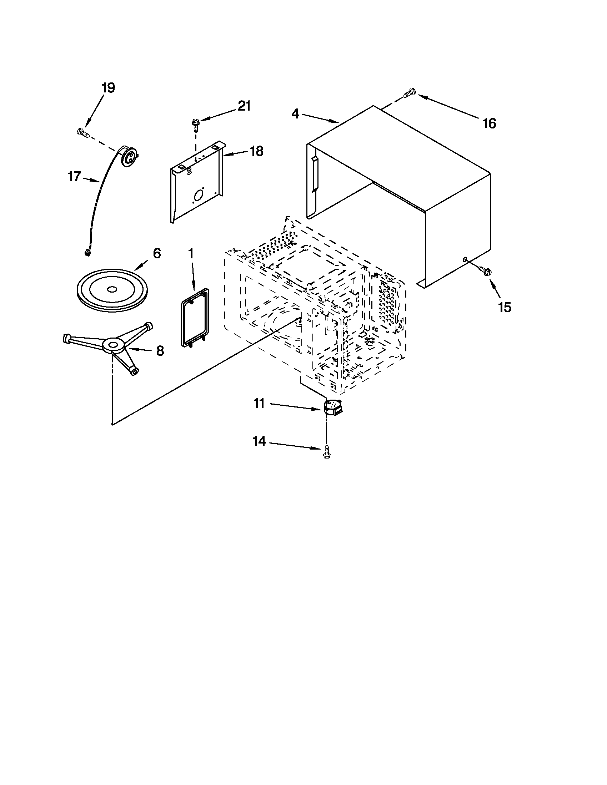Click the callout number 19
[x=108, y=88]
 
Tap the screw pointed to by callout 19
[x=83, y=133]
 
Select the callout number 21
[x=244, y=106]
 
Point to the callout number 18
[x=256, y=151]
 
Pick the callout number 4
[x=295, y=114]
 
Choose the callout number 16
[x=490, y=123]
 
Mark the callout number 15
[x=505, y=307]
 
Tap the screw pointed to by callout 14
[x=327, y=451]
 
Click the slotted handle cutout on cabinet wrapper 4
[x=315, y=174]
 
